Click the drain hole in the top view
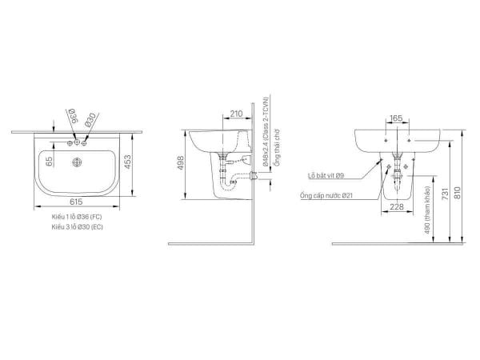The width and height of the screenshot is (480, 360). tap(78, 163)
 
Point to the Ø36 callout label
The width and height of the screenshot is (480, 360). tap(70, 121)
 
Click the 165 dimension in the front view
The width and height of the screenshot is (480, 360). tap(397, 118)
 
